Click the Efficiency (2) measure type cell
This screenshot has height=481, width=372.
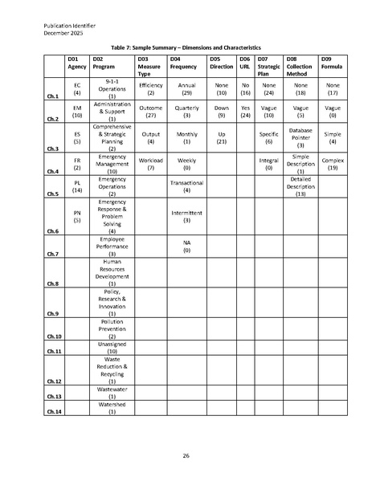(151, 89)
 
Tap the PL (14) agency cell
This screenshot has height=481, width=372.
(77, 186)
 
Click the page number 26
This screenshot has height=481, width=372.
(186, 455)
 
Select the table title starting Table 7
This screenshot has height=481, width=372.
(186, 49)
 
